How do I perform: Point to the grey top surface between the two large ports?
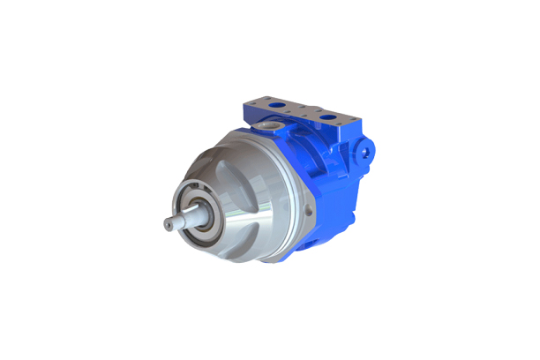(302, 113)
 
